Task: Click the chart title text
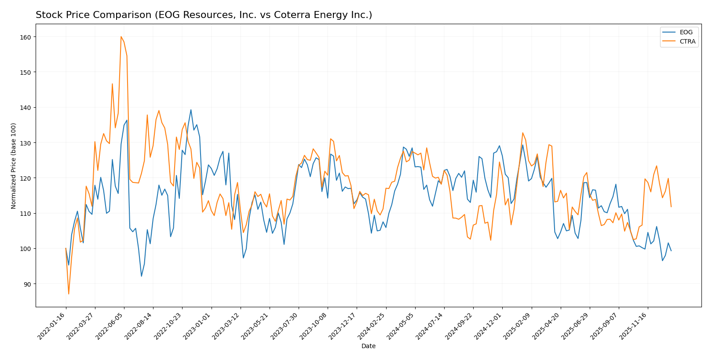pyautogui.click(x=204, y=15)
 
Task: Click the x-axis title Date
pyautogui.click(x=368, y=346)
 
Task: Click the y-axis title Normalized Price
pyautogui.click(x=13, y=166)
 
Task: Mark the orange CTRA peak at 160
pyautogui.click(x=121, y=37)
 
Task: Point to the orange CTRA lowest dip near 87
pyautogui.click(x=69, y=294)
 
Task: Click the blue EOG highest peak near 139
pyautogui.click(x=191, y=110)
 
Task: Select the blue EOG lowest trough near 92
pyautogui.click(x=141, y=276)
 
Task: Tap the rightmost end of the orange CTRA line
pyautogui.click(x=671, y=207)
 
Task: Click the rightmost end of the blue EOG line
pyautogui.click(x=671, y=251)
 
